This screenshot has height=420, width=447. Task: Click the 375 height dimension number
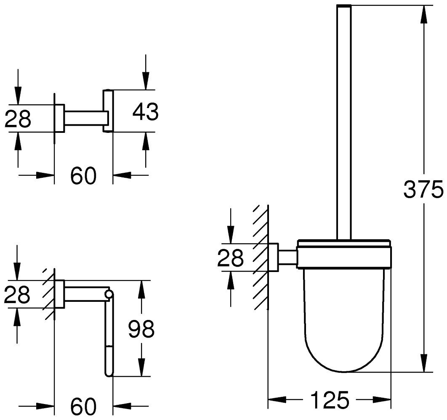click(423, 190)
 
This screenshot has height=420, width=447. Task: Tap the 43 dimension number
click(145, 111)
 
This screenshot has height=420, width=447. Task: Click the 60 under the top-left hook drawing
click(83, 176)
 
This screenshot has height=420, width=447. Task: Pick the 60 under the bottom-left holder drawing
click(83, 406)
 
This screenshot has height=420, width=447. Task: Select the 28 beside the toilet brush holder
click(230, 258)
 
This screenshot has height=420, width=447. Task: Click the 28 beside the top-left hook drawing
click(18, 119)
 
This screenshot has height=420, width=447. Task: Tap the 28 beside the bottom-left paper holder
click(17, 295)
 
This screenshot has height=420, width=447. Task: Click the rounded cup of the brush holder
click(344, 320)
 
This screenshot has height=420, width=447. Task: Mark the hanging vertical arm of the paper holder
click(109, 336)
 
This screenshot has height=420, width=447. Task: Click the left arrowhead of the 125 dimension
click(276, 399)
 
